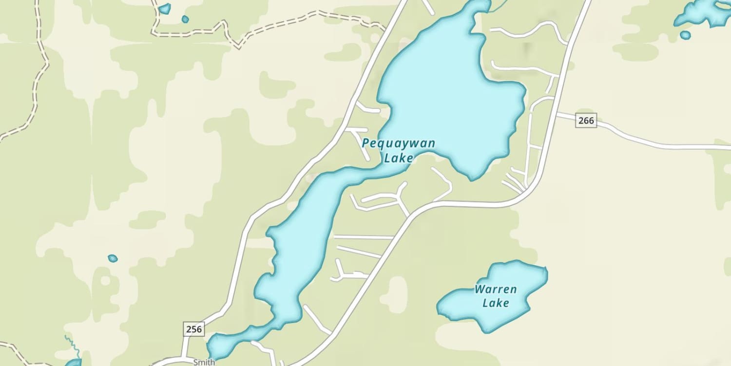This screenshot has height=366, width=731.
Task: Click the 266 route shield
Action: tap(586, 120)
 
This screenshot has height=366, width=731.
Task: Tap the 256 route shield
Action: tap(193, 329)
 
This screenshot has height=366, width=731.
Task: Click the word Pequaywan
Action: tap(398, 143)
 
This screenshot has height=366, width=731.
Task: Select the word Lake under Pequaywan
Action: tap(399, 158)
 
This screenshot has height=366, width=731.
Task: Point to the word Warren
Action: tap(496, 289)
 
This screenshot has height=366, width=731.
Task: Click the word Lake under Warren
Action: tap(496, 303)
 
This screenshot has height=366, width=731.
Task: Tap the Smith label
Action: tap(204, 362)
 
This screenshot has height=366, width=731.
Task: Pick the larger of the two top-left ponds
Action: tap(165, 8)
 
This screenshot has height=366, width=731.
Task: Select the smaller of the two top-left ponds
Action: tap(185, 20)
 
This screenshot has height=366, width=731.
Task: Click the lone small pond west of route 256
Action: tap(113, 258)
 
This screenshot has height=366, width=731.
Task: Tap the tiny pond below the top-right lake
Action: tap(685, 35)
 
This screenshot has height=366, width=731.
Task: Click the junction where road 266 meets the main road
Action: tap(557, 114)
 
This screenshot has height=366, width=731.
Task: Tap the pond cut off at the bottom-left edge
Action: tap(74, 363)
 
